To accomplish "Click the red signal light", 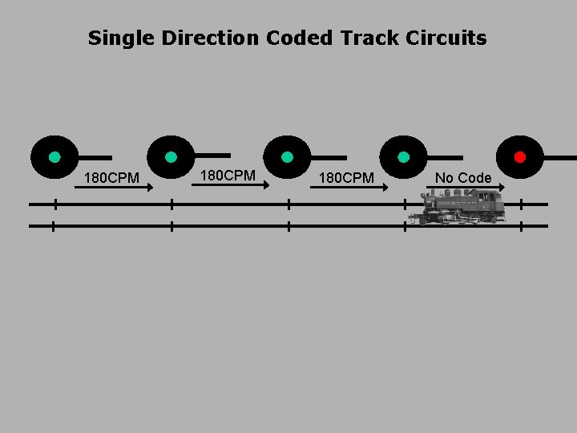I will [x=519, y=157].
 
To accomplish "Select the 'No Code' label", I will [x=462, y=177].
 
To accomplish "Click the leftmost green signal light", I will [x=54, y=157].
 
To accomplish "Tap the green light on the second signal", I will [x=171, y=157].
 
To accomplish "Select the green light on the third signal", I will [x=287, y=157].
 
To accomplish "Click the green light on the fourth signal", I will [x=403, y=157].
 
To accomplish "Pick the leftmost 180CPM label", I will [x=111, y=177].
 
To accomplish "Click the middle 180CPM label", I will [x=228, y=175].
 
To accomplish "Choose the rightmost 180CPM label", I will [x=346, y=177].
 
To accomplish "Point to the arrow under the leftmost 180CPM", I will [x=113, y=188].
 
